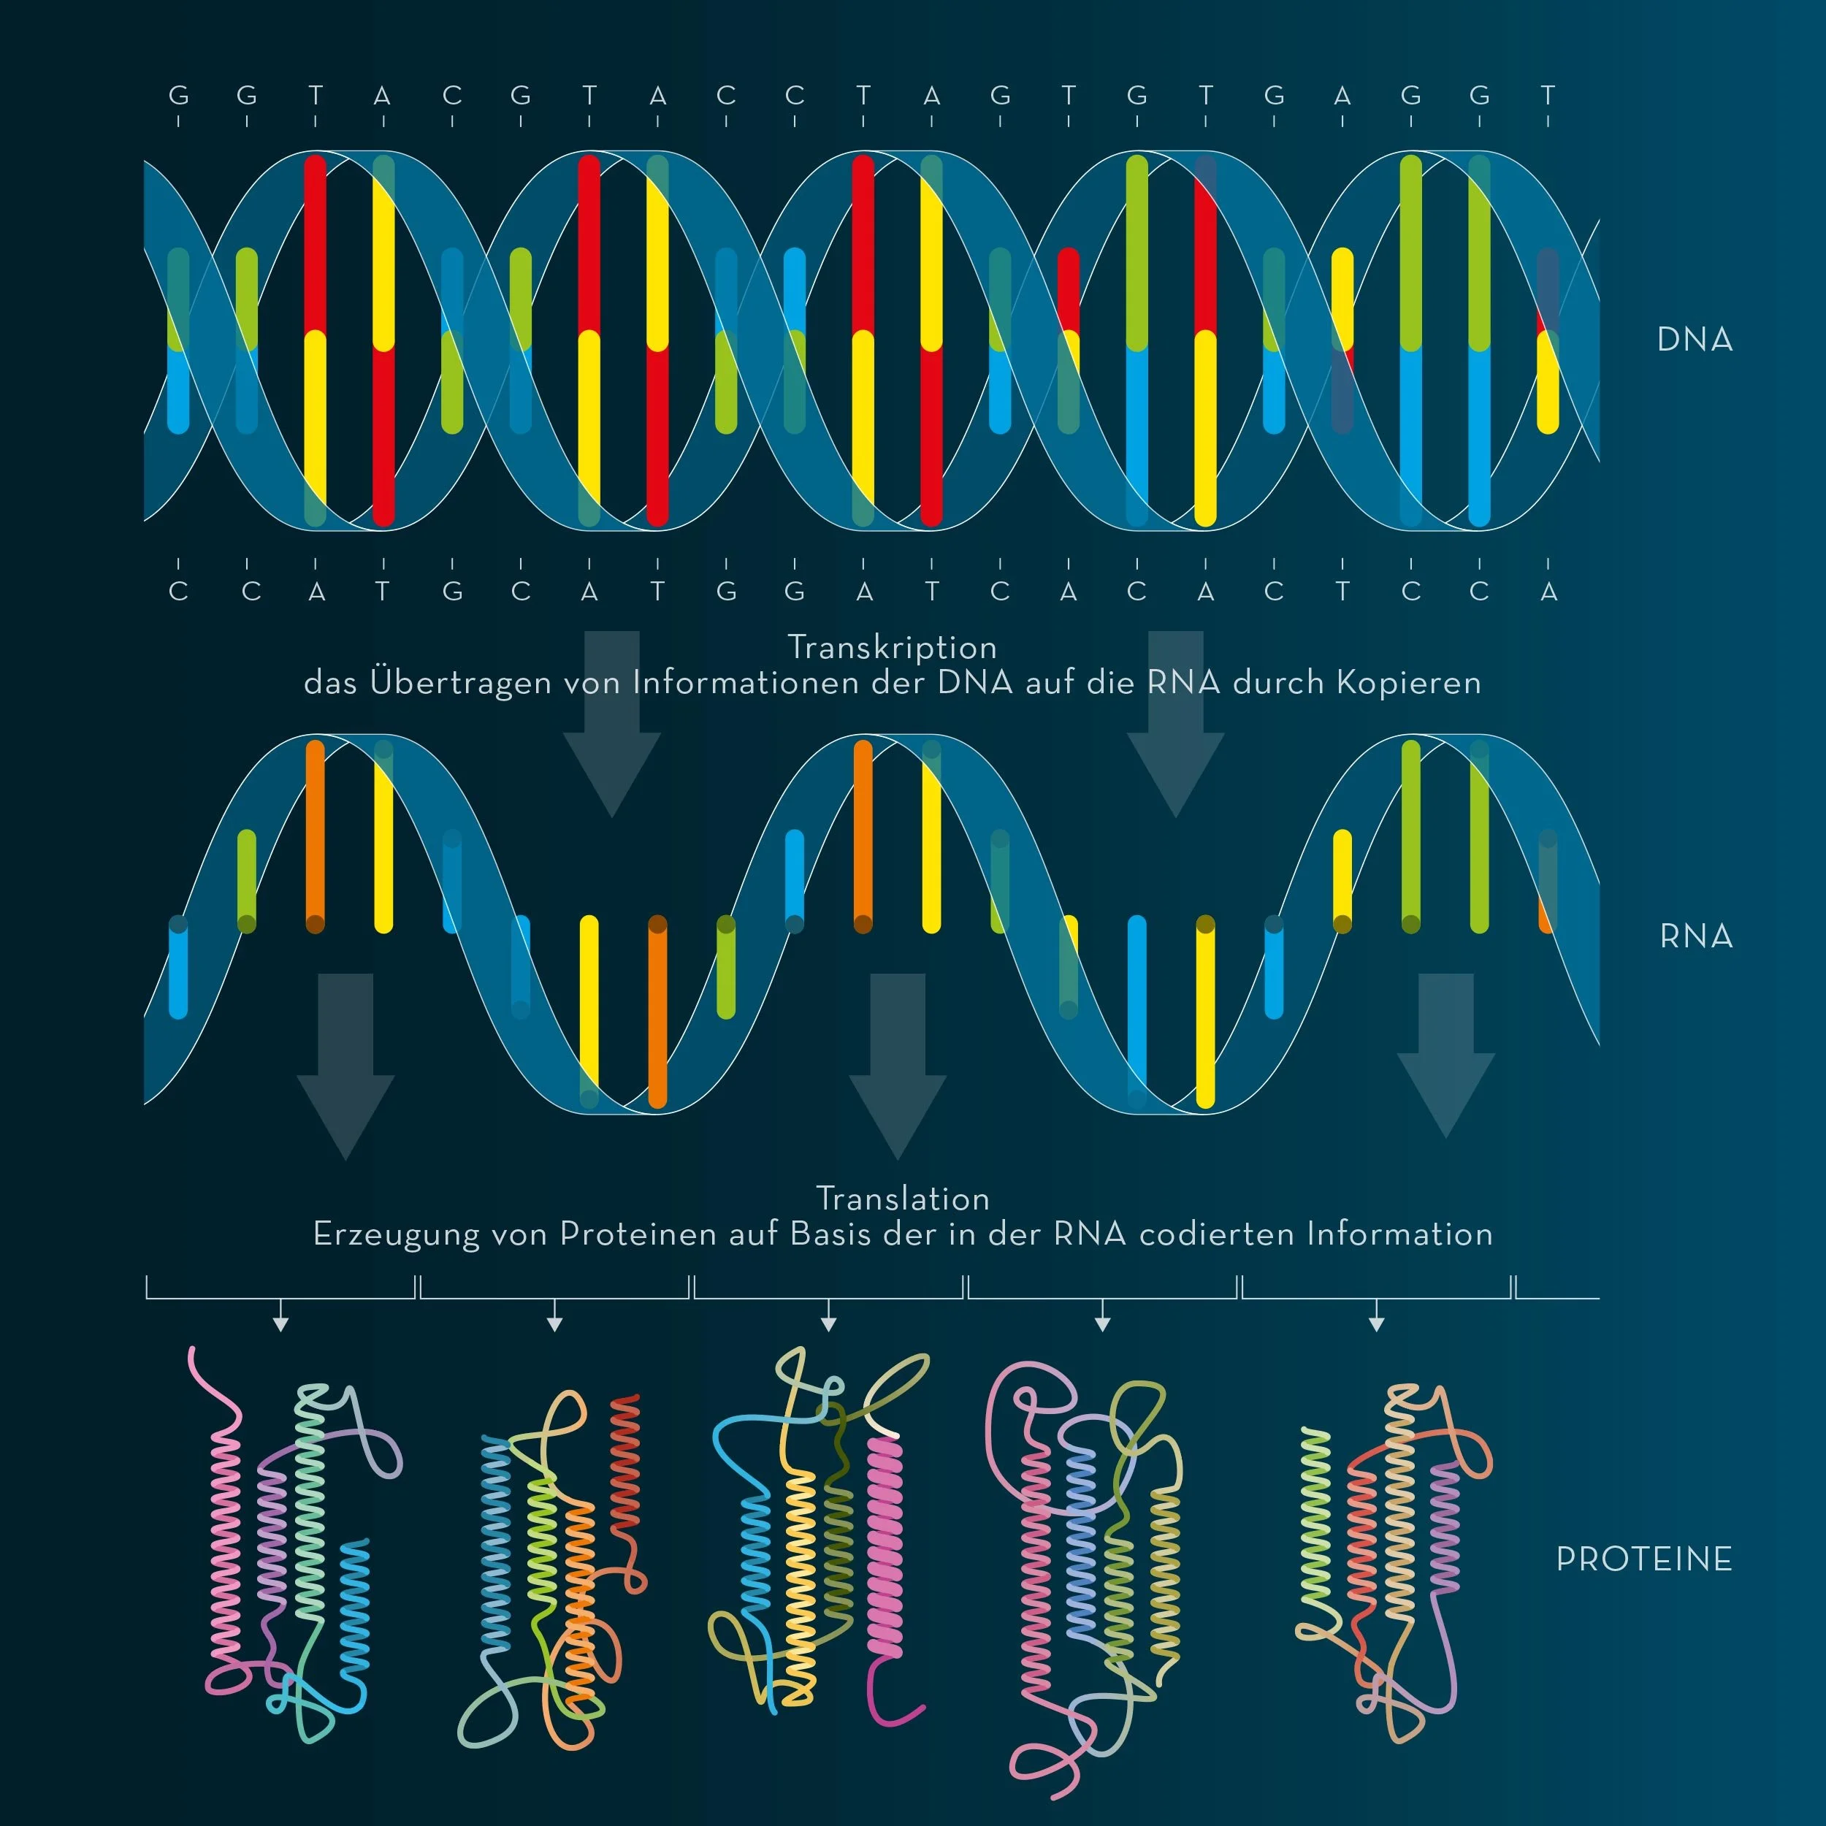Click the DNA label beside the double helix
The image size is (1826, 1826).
[1695, 340]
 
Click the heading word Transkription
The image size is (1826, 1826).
[893, 647]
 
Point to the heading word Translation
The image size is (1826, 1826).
[903, 1199]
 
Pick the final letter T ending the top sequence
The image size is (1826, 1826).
[1547, 96]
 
